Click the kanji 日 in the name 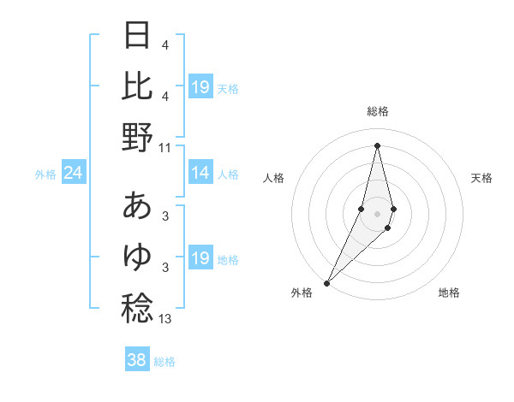[138, 36]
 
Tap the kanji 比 [138, 86]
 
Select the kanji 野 [138, 137]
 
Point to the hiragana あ [138, 205]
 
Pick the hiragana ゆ [138, 256]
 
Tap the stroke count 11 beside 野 [165, 148]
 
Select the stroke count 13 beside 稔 [165, 319]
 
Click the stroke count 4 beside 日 [165, 45]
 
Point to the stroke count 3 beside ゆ [165, 268]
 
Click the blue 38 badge [136, 360]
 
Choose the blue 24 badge [73, 174]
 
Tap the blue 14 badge [200, 174]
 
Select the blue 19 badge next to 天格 [200, 87]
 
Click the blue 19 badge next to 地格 [200, 258]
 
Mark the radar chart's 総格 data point [377, 145]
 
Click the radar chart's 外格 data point [326, 282]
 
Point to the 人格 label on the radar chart [273, 178]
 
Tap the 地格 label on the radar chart [449, 293]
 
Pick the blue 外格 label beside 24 [45, 174]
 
